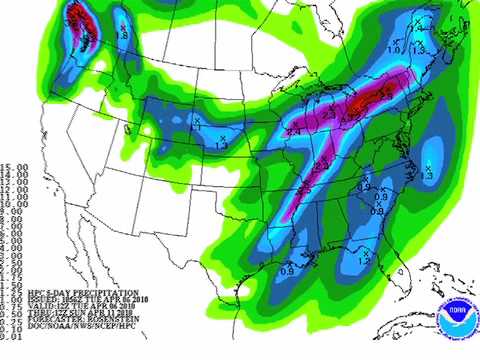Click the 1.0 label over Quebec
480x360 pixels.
coord(395,48)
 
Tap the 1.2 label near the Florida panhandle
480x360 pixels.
coord(362,258)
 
